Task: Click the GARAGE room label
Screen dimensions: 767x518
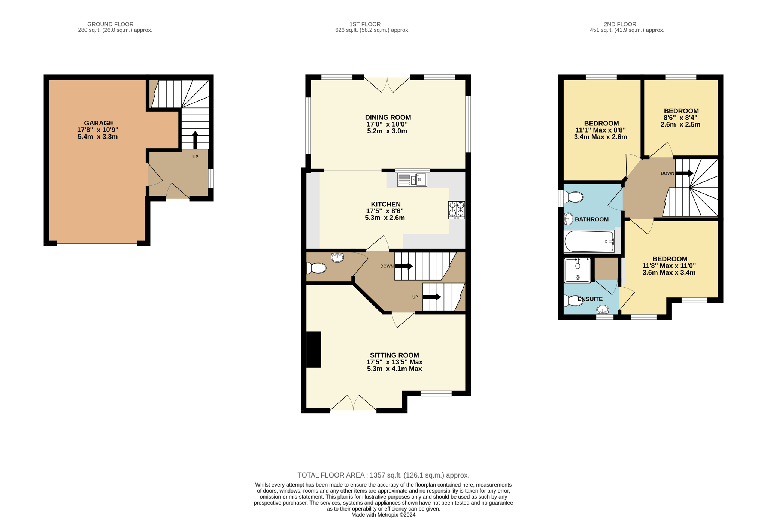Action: point(98,123)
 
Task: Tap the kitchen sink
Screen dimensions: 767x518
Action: point(412,180)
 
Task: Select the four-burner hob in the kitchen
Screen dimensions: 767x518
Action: point(457,210)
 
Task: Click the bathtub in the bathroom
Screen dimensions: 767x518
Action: point(589,241)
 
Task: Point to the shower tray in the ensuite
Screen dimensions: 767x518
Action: point(577,270)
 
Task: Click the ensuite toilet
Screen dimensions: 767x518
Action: point(573,301)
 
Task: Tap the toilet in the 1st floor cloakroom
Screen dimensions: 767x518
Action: point(316,268)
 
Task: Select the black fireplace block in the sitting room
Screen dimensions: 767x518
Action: point(313,349)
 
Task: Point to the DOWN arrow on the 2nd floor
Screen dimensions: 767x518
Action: point(685,173)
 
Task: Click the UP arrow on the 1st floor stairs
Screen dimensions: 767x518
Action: point(432,297)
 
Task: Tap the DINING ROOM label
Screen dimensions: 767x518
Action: point(388,118)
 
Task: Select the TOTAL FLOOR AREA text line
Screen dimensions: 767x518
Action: point(383,475)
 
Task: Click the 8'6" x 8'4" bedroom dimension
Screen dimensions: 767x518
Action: point(680,118)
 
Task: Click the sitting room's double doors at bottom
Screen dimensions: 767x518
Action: point(353,403)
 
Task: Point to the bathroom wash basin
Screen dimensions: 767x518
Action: point(569,219)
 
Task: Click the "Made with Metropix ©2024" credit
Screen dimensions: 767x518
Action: point(383,515)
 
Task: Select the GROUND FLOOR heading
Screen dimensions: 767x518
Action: point(110,24)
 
